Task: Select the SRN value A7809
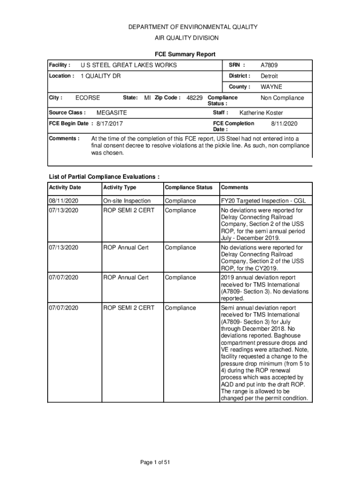(x=269, y=65)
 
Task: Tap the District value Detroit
(x=269, y=76)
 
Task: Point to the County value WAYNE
(x=271, y=87)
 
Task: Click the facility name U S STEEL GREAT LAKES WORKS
(x=129, y=65)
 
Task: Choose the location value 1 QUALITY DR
(x=101, y=76)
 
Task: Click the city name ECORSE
(x=88, y=98)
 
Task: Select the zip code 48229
(x=194, y=98)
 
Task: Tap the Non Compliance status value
(x=282, y=98)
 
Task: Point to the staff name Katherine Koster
(x=261, y=113)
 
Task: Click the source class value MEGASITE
(x=112, y=113)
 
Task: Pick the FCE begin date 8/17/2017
(x=110, y=123)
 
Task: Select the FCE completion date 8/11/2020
(x=284, y=123)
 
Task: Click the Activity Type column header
(x=120, y=188)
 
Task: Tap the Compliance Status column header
(x=188, y=188)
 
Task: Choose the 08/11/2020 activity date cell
(x=64, y=201)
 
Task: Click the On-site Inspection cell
(x=127, y=201)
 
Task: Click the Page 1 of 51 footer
(x=155, y=462)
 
